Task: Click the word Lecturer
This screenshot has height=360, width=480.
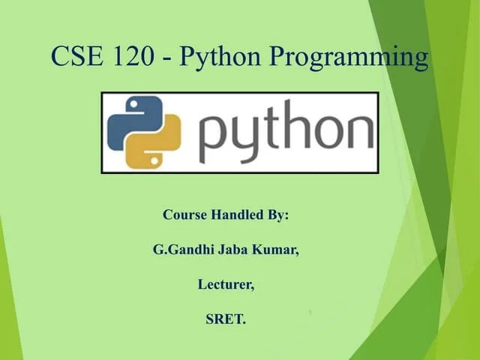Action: pos(225,285)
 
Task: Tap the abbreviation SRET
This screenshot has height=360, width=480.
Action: pos(225,319)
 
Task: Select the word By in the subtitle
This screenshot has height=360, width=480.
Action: pos(278,215)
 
